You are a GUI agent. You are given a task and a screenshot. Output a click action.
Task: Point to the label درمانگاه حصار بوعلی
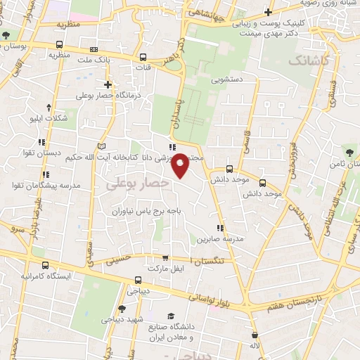point(105,94)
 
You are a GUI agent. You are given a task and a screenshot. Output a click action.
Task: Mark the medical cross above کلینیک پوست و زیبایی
point(268,11)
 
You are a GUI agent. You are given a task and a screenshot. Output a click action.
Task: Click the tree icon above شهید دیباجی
point(122,308)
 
